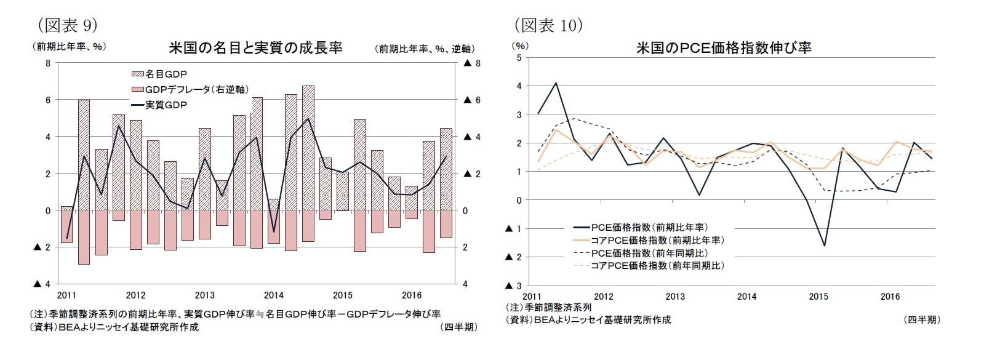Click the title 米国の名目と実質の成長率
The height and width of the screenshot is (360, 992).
pos(255,48)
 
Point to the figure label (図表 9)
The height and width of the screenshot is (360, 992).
pos(67,25)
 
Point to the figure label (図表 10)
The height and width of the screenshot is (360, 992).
pos(548,25)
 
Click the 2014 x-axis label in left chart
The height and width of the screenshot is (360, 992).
pos(273,295)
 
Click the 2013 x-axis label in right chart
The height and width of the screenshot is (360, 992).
pos(675,297)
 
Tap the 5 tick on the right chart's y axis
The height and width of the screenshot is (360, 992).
pos(519,58)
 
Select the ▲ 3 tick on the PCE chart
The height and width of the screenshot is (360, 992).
pos(513,286)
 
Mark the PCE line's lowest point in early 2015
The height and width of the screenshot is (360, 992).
pos(824,246)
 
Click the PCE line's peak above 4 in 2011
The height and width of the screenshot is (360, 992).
pos(556,82)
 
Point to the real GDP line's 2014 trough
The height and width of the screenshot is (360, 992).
pos(274,232)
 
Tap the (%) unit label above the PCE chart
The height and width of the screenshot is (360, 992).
pos(520,46)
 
